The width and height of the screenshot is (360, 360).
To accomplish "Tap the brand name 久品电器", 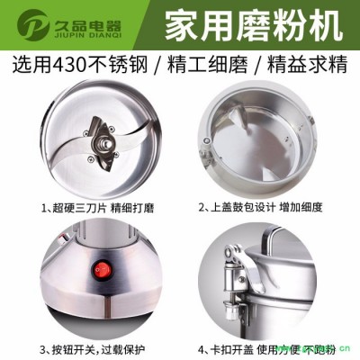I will coord(84,18).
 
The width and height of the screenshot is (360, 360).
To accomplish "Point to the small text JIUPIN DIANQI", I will coord(84,34).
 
